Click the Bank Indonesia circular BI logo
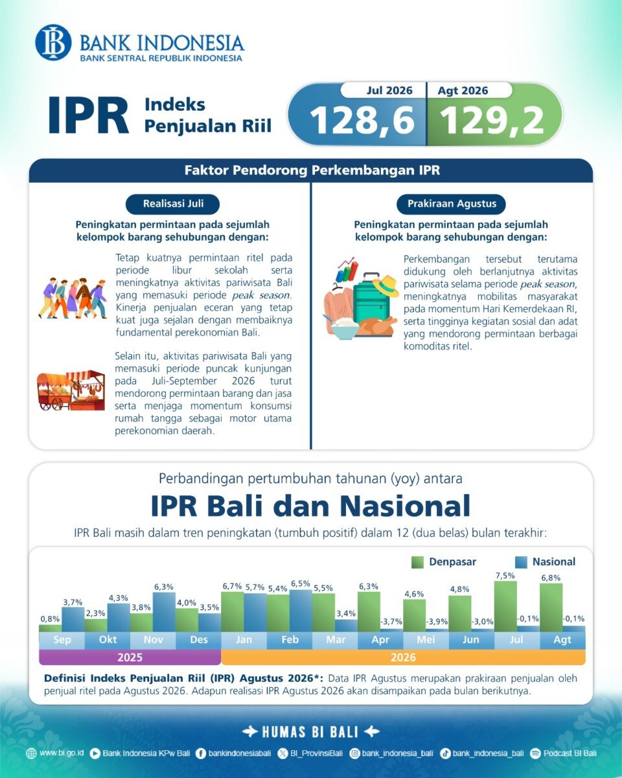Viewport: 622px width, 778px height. tap(53, 42)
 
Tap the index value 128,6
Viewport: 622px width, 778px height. tap(362, 121)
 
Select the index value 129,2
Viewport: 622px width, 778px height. tap(492, 121)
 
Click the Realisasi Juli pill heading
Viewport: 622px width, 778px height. tap(173, 204)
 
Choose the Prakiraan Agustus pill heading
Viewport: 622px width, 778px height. tap(452, 204)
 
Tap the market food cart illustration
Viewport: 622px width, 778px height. tap(71, 390)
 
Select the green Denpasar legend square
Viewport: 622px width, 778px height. tap(417, 562)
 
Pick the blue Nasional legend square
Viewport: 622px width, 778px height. tap(521, 562)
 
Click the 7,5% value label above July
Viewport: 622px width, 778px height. tap(505, 575)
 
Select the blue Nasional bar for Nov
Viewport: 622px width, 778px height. tap(164, 611)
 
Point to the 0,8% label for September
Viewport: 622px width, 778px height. tap(50, 619)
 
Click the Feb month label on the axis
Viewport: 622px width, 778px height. tap(290, 639)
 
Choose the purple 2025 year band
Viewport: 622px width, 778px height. tap(130, 657)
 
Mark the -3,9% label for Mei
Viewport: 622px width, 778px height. tap(437, 622)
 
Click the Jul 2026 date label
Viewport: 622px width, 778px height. tap(389, 90)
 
